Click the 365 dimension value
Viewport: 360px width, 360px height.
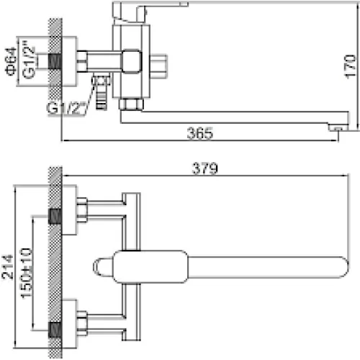(x=199, y=133)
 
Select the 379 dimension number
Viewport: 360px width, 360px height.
(x=205, y=168)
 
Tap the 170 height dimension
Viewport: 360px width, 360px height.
(x=350, y=66)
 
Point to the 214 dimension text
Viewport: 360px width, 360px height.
(x=7, y=267)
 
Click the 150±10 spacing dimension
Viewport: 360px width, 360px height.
(x=26, y=274)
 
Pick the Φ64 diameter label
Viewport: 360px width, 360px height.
(x=11, y=61)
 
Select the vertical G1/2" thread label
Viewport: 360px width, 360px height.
(x=29, y=60)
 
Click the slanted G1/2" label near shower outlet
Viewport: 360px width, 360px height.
(x=66, y=108)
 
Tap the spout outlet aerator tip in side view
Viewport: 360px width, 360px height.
(x=338, y=128)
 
